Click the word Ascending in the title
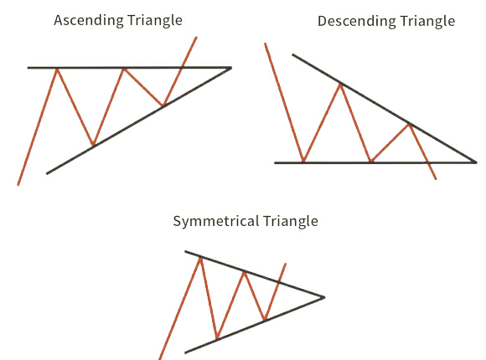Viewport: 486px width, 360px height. [89, 21]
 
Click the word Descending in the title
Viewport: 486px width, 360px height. [356, 22]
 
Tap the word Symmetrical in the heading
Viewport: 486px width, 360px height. [215, 222]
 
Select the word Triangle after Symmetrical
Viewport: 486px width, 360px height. [291, 222]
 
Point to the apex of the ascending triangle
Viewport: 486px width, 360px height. [231, 68]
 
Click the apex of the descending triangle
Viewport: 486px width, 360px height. [476, 162]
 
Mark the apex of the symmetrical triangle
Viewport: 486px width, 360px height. [324, 297]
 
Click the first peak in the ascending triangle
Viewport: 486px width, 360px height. [57, 69]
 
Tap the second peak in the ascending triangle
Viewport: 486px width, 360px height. [124, 69]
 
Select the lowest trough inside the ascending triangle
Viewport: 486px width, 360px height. [93, 144]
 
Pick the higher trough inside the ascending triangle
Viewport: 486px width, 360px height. [163, 105]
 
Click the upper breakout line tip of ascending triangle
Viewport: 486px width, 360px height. [196, 38]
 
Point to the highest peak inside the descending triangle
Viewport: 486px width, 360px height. [340, 85]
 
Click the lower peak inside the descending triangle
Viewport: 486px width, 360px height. [410, 125]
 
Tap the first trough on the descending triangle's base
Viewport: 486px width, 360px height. [303, 161]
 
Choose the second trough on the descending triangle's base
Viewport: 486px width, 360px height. [371, 161]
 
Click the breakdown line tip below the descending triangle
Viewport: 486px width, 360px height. [436, 179]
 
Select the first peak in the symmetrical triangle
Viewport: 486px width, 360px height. [200, 258]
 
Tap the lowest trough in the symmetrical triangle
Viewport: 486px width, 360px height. [217, 338]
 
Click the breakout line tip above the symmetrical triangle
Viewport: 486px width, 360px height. [286, 264]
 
